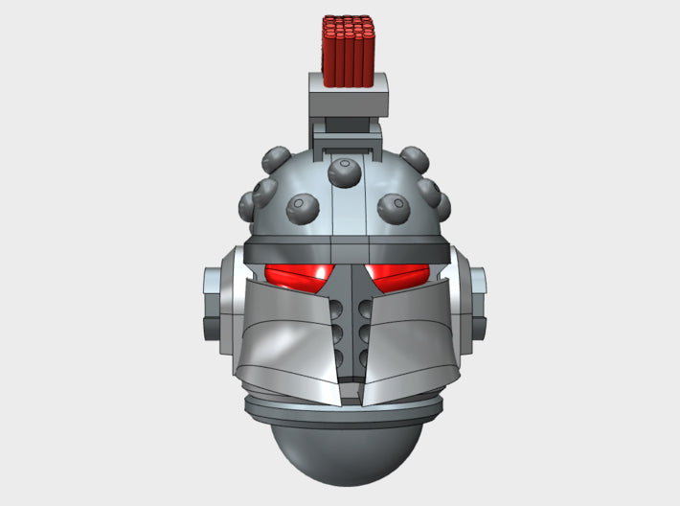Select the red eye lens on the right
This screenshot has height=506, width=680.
pyautogui.click(x=397, y=278)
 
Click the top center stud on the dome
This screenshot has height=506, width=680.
pyautogui.click(x=344, y=172)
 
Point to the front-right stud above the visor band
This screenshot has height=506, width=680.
pyautogui.click(x=392, y=205)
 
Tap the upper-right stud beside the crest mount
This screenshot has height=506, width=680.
pyautogui.click(x=414, y=157)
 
